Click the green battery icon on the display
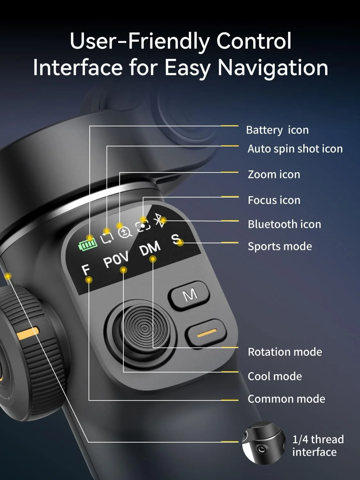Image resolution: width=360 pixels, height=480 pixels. (x=88, y=244)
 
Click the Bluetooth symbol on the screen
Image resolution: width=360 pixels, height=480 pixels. (x=160, y=220)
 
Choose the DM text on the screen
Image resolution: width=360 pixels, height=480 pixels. (x=150, y=249)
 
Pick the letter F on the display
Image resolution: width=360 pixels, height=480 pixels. (x=86, y=270)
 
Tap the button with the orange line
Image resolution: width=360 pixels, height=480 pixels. (x=206, y=332)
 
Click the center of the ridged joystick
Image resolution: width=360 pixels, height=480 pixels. (x=145, y=328)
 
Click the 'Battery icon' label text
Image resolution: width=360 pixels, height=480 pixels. (x=277, y=130)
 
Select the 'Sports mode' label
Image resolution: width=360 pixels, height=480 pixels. (x=280, y=246)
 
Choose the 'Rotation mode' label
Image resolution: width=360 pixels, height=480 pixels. (x=285, y=352)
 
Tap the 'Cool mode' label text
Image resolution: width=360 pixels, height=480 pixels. (x=275, y=376)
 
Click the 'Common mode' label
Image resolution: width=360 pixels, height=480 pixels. (x=286, y=399)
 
